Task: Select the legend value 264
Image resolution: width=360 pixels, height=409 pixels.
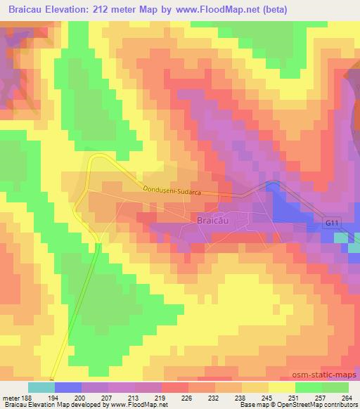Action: (346, 398)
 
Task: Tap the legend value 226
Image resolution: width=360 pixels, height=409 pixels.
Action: (187, 398)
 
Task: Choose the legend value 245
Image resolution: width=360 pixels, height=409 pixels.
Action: (266, 398)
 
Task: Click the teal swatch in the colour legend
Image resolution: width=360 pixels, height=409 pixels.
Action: (41, 387)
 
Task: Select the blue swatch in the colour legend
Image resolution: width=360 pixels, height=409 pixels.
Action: (67, 387)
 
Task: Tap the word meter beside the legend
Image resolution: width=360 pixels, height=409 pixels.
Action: (11, 398)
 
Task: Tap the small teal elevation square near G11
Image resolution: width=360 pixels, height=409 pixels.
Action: (340, 238)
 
